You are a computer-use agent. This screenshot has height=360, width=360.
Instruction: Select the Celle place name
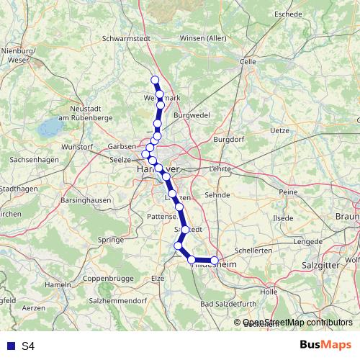[248, 62]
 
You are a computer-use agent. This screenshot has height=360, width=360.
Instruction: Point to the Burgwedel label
[191, 114]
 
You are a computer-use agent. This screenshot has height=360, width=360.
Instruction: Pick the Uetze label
[279, 131]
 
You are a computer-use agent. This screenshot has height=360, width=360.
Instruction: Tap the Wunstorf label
[77, 147]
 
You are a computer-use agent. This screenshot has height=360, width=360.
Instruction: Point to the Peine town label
[288, 192]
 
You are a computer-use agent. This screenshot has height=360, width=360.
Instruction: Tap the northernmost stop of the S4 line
[154, 80]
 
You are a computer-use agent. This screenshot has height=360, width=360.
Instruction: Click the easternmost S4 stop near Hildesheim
[214, 260]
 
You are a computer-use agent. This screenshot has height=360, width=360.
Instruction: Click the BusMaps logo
[326, 346]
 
